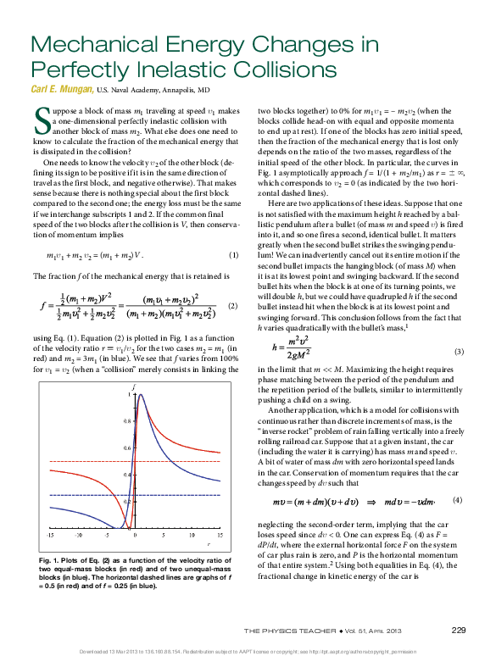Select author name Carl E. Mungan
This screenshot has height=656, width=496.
61,88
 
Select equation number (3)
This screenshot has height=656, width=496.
460,375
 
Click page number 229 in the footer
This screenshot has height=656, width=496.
459,630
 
